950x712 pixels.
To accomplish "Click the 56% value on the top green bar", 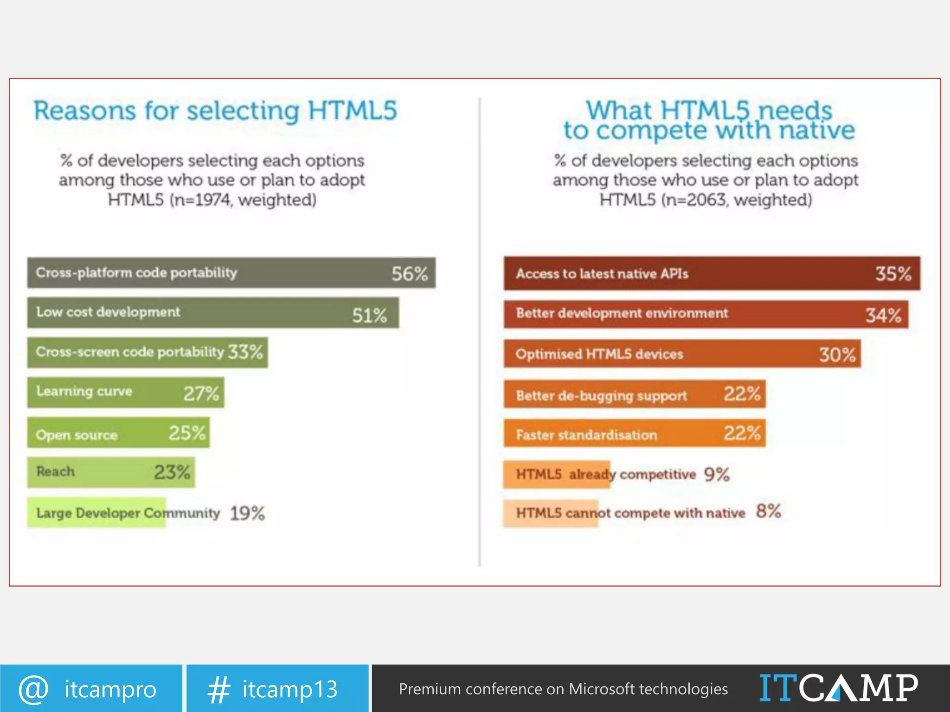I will (x=409, y=273).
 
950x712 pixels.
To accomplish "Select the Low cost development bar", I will (x=212, y=313).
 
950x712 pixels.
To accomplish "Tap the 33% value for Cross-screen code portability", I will (x=245, y=352).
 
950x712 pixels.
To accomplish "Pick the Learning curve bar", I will (x=125, y=393).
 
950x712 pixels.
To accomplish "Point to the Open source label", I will (x=77, y=435).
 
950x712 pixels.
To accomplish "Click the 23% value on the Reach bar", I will (x=172, y=472).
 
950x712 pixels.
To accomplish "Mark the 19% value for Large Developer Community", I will (x=247, y=513).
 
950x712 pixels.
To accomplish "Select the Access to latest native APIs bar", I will (x=712, y=273).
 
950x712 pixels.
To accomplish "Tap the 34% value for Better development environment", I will (x=883, y=316).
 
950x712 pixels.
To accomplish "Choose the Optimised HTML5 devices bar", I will (x=682, y=354).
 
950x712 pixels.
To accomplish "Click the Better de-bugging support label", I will (x=601, y=395).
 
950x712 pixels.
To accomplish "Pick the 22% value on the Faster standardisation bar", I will (x=742, y=433).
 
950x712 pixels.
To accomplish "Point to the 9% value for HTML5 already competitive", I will (x=717, y=474).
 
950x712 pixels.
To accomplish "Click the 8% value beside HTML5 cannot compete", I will (x=769, y=511).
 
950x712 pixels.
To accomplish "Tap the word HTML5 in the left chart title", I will (x=353, y=111).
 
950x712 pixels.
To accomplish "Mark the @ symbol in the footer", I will (x=33, y=689).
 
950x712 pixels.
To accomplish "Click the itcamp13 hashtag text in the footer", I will (x=290, y=689).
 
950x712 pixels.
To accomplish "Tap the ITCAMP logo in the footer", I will (x=838, y=688).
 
